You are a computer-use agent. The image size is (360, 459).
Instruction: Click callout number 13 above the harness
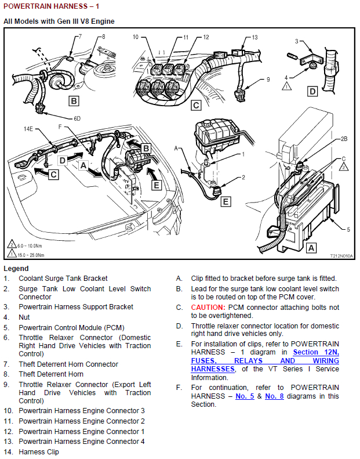[x=255, y=37]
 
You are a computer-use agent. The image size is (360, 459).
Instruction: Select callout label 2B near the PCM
[x=344, y=140]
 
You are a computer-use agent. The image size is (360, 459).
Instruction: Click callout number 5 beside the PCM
[x=348, y=229]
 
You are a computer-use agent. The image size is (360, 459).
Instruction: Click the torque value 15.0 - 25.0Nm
[x=34, y=254]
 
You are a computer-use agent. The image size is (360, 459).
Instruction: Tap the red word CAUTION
[x=208, y=307]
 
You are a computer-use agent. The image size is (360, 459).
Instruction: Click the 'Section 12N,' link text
[x=316, y=352]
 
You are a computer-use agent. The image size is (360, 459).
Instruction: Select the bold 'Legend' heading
[x=16, y=269]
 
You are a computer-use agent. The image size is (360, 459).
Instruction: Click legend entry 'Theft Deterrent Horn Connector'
[x=68, y=364]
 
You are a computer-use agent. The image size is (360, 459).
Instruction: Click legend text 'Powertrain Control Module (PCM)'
[x=71, y=327]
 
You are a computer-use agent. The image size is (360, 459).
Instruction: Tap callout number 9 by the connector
[x=268, y=79]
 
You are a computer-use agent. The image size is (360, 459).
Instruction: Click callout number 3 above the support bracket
[x=296, y=41]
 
